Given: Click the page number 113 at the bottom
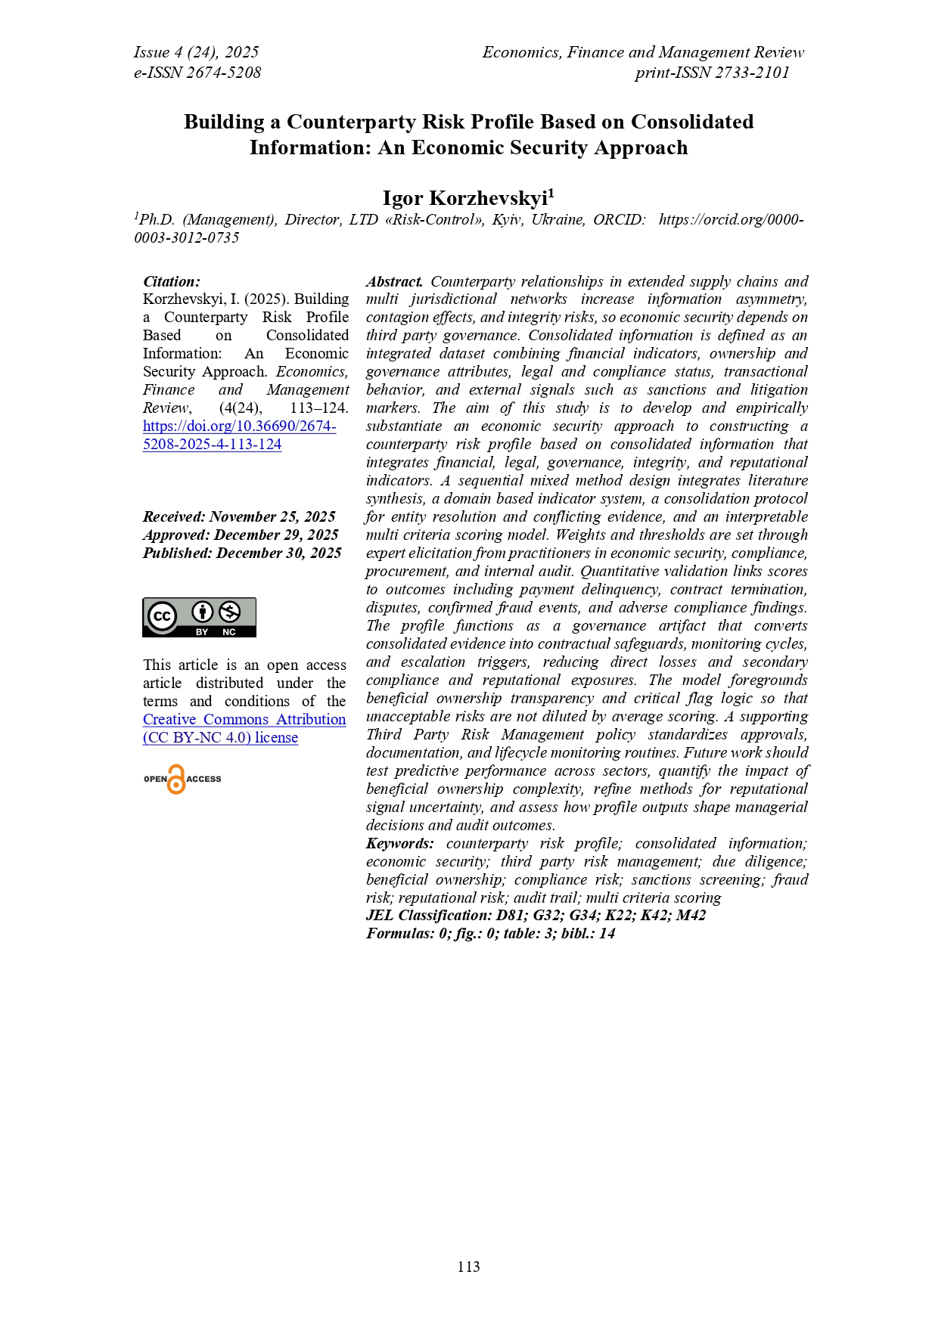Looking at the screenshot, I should pyautogui.click(x=468, y=1267).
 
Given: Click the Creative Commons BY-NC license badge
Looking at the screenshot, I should pyautogui.click(x=199, y=618).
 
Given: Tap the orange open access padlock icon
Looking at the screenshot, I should pyautogui.click(x=176, y=780).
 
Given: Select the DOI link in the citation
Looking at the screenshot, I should pyautogui.click(x=239, y=435).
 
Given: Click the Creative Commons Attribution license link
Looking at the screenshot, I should pyautogui.click(x=244, y=728).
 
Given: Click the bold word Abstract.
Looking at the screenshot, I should pyautogui.click(x=394, y=281).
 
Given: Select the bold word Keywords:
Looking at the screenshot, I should pyautogui.click(x=400, y=843).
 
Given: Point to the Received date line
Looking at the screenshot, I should pyautogui.click(x=239, y=516).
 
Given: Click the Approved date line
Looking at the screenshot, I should pyautogui.click(x=241, y=535).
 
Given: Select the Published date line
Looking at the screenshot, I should pyautogui.click(x=242, y=553).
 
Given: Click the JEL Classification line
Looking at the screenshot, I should pyautogui.click(x=536, y=915).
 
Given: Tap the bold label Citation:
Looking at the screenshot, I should pyautogui.click(x=172, y=281).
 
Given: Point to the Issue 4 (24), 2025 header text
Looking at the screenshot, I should pyautogui.click(x=196, y=52).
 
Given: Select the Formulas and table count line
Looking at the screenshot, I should pyautogui.click(x=490, y=933).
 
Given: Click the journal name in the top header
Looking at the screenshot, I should pyautogui.click(x=643, y=52).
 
